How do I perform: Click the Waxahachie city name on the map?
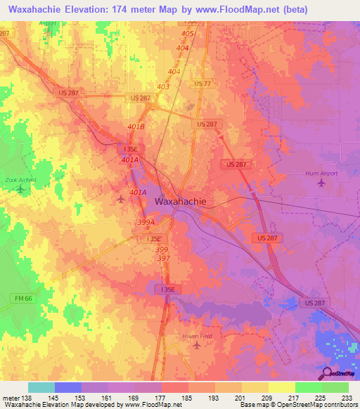(180, 201)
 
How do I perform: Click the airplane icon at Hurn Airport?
(322, 183)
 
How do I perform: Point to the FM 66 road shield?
(23, 298)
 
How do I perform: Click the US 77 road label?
(202, 84)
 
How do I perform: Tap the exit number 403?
(163, 87)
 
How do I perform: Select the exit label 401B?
(136, 126)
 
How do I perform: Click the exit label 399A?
(146, 221)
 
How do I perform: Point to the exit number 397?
(163, 258)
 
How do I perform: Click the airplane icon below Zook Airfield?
(20, 189)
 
